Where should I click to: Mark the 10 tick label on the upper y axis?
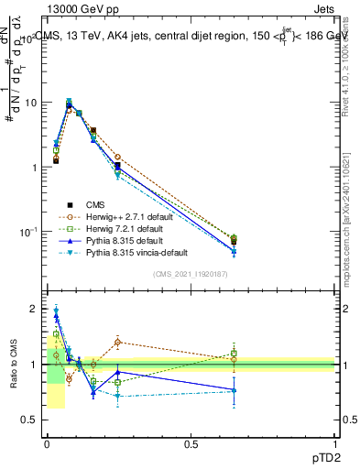point(31,103)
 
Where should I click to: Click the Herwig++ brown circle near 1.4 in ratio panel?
point(117,343)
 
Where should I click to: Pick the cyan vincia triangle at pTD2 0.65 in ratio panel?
point(234,391)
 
